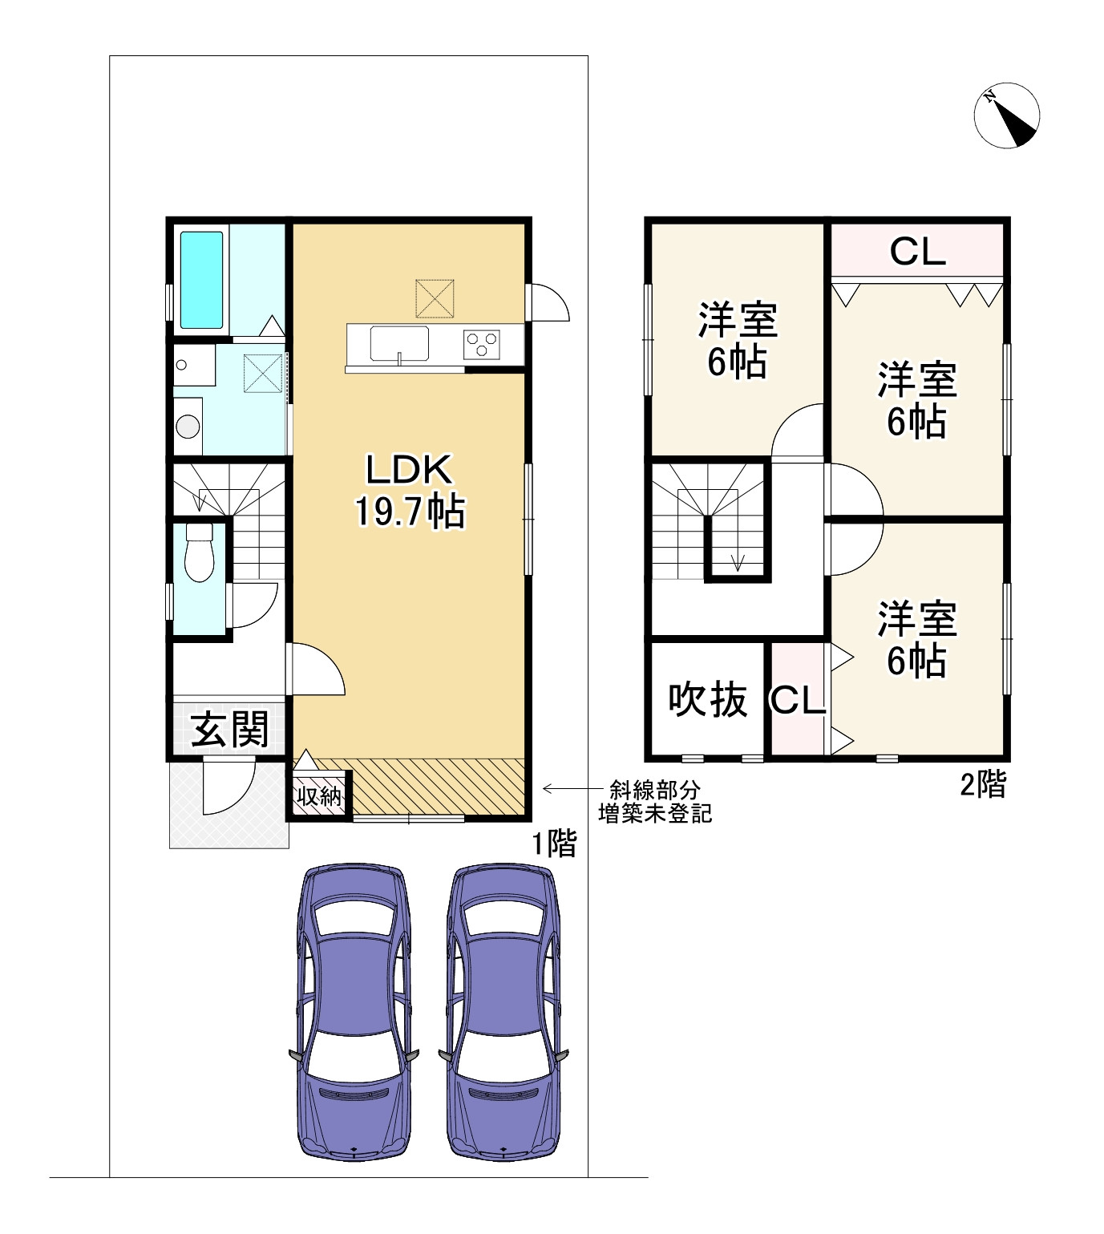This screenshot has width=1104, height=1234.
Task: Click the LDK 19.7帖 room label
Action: pyautogui.click(x=410, y=490)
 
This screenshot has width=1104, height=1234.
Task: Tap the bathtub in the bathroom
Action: pyautogui.click(x=201, y=280)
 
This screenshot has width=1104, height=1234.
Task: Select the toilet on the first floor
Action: pyautogui.click(x=199, y=552)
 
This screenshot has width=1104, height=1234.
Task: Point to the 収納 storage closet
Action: pyautogui.click(x=319, y=795)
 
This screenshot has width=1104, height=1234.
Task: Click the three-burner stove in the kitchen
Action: pyautogui.click(x=482, y=344)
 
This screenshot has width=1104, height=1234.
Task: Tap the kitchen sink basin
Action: pyautogui.click(x=398, y=343)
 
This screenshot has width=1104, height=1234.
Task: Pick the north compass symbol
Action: pyautogui.click(x=1006, y=115)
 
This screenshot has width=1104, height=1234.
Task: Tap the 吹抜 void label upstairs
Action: pyautogui.click(x=708, y=700)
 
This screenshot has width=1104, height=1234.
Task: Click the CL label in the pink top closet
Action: pyautogui.click(x=918, y=251)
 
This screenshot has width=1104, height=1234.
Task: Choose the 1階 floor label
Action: pyautogui.click(x=554, y=844)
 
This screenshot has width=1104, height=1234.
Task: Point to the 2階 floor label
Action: pyautogui.click(x=984, y=784)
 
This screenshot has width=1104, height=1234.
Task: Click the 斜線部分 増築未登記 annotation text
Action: pyautogui.click(x=655, y=802)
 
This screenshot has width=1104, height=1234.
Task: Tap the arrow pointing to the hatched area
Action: pyautogui.click(x=573, y=789)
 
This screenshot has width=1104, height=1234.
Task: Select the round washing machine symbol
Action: pyautogui.click(x=188, y=427)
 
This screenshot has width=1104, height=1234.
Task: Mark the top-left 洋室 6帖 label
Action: pyautogui.click(x=738, y=340)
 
